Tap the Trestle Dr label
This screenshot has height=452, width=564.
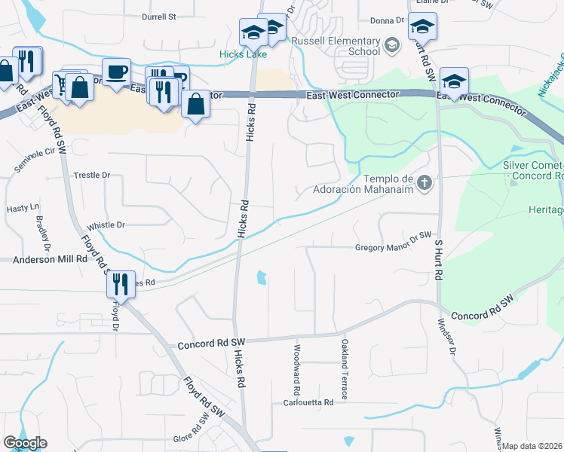[x=92, y=175]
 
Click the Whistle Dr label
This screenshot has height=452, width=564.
[x=106, y=225]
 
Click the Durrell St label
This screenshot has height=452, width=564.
[x=159, y=16]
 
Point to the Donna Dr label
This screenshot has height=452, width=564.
[x=388, y=21]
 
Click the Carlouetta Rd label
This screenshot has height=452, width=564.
[x=308, y=403]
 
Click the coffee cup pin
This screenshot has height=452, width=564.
[x=116, y=73]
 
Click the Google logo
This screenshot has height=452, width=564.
[x=25, y=443]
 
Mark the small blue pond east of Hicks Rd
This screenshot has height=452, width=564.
[x=262, y=278]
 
